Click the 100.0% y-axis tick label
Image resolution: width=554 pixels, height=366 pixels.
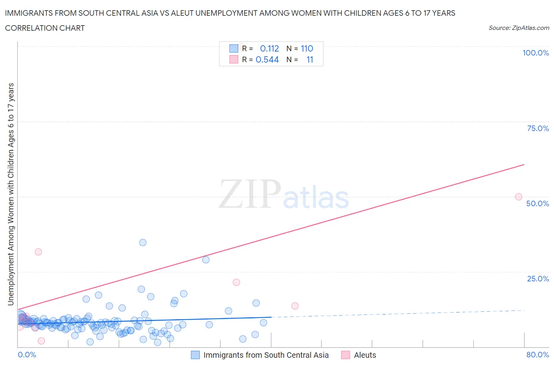tap(535, 53)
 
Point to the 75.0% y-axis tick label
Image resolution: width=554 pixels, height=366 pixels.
tap(538, 128)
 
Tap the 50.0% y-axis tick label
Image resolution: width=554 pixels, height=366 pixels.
tap(537, 203)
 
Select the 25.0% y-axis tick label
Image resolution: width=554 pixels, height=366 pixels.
tap(538, 279)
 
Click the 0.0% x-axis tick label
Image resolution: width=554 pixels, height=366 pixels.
tap(27, 355)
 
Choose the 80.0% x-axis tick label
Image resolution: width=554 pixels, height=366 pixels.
tap(537, 355)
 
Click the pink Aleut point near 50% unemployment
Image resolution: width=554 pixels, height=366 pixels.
tap(519, 197)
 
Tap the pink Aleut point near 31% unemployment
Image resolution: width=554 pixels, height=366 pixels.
tap(38, 252)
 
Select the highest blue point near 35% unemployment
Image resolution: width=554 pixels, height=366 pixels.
tap(143, 242)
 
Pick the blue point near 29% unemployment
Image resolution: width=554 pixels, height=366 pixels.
tap(206, 260)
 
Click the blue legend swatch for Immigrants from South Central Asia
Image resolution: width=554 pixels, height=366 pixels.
tap(195, 355)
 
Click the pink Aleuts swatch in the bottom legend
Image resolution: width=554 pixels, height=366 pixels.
tap(346, 355)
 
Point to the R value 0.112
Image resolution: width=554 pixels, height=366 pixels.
tap(270, 48)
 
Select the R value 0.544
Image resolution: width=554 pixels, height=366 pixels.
tap(267, 59)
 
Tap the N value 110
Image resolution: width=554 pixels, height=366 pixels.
tap(307, 48)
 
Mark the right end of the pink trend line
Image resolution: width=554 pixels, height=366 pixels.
tap(524, 164)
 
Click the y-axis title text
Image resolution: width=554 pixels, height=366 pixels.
tap(11, 194)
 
